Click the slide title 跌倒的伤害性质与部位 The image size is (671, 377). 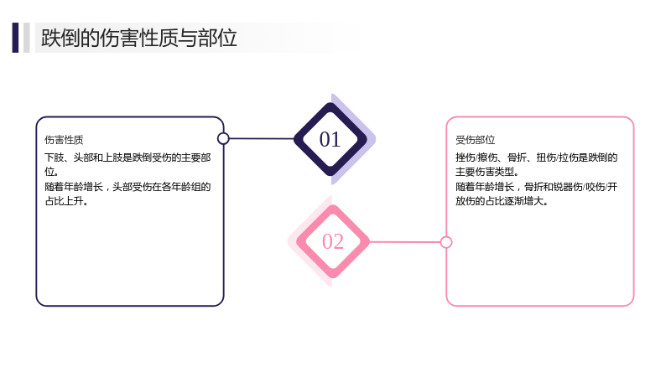coord(138,38)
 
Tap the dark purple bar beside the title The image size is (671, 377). coord(15,38)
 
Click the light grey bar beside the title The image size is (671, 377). coord(27,38)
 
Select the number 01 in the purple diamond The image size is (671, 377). coord(330,139)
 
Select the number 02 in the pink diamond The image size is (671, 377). coord(333,241)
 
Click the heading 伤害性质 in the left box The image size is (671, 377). coord(64,140)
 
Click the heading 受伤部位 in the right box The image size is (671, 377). coord(475,140)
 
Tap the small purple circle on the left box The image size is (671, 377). coord(223,138)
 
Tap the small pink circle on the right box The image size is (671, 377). coord(446,242)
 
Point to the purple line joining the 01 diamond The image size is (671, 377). coord(262,138)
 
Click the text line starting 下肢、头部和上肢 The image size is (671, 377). coord(127,158)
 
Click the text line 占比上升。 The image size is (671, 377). coord(66,201)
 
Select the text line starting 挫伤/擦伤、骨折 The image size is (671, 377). coord(536,158)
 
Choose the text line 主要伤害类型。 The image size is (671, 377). coord(487,172)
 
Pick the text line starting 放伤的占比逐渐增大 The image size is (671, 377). coord(502,201)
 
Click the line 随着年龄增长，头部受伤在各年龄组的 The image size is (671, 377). coord(127,187)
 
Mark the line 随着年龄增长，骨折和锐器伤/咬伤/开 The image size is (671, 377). coord(536,187)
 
